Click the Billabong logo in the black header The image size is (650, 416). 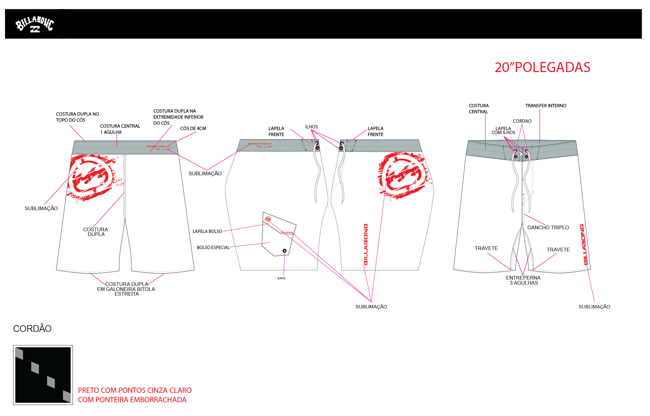(34, 25)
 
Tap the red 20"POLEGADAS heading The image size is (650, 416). (542, 67)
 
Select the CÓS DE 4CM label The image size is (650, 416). (193, 128)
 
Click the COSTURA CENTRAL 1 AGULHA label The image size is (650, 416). (120, 129)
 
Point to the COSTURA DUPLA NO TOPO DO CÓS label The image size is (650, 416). (77, 117)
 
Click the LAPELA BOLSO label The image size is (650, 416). (207, 231)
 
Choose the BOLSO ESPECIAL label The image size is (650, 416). (213, 247)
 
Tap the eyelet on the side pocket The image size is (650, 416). (284, 251)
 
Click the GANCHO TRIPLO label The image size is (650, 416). (548, 227)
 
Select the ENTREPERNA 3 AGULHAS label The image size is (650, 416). (523, 280)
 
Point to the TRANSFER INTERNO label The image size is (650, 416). (546, 106)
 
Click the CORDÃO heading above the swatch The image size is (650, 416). (32, 329)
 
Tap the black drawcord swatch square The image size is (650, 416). (43, 375)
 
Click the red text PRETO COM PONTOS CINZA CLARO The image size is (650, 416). (135, 390)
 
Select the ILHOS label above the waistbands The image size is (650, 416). (311, 127)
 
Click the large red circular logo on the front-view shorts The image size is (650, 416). (91, 177)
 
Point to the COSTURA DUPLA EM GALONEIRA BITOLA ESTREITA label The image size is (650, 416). (126, 289)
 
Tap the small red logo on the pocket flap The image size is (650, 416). (268, 219)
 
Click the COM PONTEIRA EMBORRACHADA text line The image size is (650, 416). (132, 400)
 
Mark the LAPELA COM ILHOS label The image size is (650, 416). (503, 130)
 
